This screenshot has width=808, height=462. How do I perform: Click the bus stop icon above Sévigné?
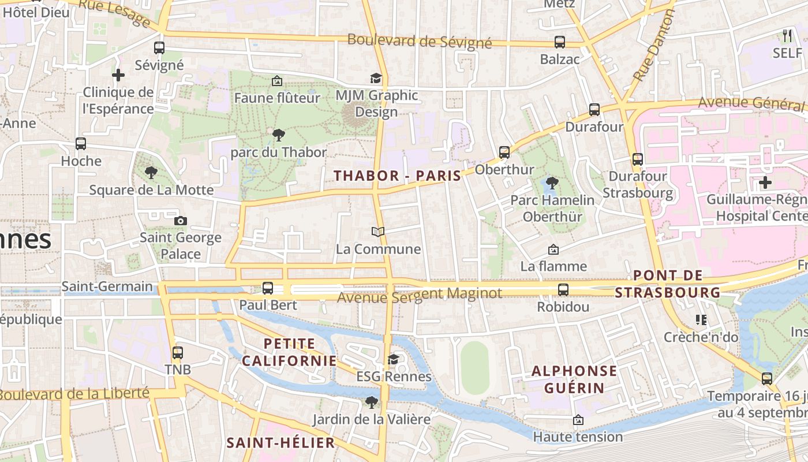click(x=159, y=48)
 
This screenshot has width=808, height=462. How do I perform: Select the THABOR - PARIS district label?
click(x=398, y=176)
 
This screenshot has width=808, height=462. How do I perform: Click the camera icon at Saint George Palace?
click(x=181, y=221)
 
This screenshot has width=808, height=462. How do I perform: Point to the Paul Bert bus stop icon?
click(x=268, y=288)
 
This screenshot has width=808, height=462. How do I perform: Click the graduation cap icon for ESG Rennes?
click(x=394, y=360)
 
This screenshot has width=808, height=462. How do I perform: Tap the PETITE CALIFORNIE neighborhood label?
click(x=289, y=352)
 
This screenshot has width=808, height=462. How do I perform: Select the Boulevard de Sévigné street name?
click(x=420, y=41)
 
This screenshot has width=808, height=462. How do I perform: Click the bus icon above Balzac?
click(x=560, y=42)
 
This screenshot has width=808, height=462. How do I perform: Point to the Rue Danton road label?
click(x=654, y=46)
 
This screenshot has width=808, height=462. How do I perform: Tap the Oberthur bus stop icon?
click(x=504, y=152)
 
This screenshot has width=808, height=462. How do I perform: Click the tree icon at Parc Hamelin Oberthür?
click(x=552, y=183)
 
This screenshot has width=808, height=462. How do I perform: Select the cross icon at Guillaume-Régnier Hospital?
click(x=765, y=183)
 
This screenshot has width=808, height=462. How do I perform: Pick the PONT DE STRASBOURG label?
click(x=668, y=284)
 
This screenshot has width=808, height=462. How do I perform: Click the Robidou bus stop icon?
click(x=563, y=290)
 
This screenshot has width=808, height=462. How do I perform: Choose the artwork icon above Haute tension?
click(x=578, y=420)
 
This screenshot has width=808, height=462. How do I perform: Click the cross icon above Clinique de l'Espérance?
click(x=118, y=75)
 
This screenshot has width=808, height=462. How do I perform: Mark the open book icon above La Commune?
click(x=378, y=232)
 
